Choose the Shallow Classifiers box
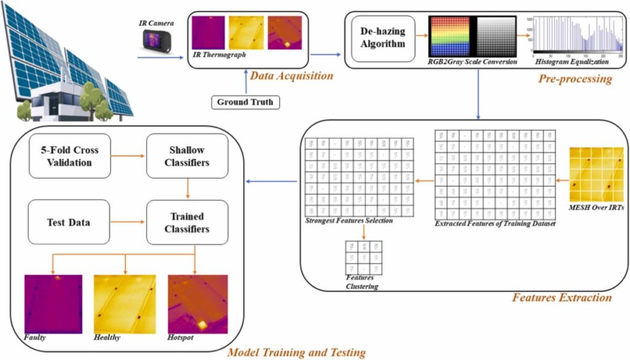pyautogui.click(x=186, y=156)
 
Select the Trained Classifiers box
pyautogui.click(x=186, y=223)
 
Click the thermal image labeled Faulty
pyautogui.click(x=53, y=304)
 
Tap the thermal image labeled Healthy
pyautogui.click(x=125, y=304)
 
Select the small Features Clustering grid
pyautogui.click(x=364, y=258)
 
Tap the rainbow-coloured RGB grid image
pyautogui.click(x=449, y=36)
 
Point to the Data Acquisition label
pyautogui.click(x=292, y=76)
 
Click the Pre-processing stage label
pyautogui.click(x=575, y=78)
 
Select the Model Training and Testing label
pyautogui.click(x=297, y=353)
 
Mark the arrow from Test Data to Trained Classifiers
pyautogui.click(x=127, y=222)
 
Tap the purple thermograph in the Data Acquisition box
pyautogui.click(x=208, y=32)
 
